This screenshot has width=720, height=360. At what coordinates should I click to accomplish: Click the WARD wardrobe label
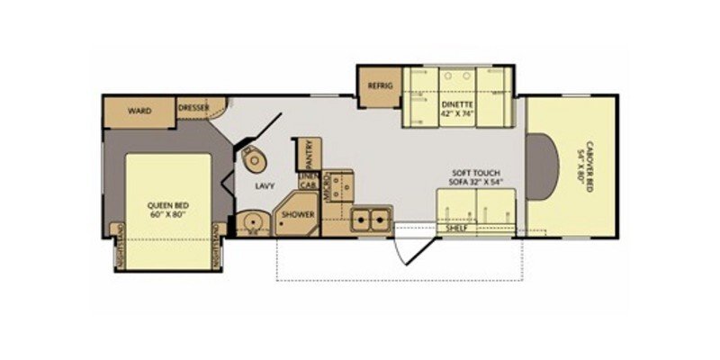(138, 111)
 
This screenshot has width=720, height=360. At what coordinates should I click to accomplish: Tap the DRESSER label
(193, 108)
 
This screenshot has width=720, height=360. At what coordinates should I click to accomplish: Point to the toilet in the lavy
(255, 159)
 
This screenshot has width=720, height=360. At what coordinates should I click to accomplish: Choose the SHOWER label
(296, 215)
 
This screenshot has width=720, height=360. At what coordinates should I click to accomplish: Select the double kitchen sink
(371, 217)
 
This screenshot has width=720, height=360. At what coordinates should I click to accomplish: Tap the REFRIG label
(377, 85)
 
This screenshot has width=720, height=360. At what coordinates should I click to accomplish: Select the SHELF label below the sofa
(457, 229)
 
